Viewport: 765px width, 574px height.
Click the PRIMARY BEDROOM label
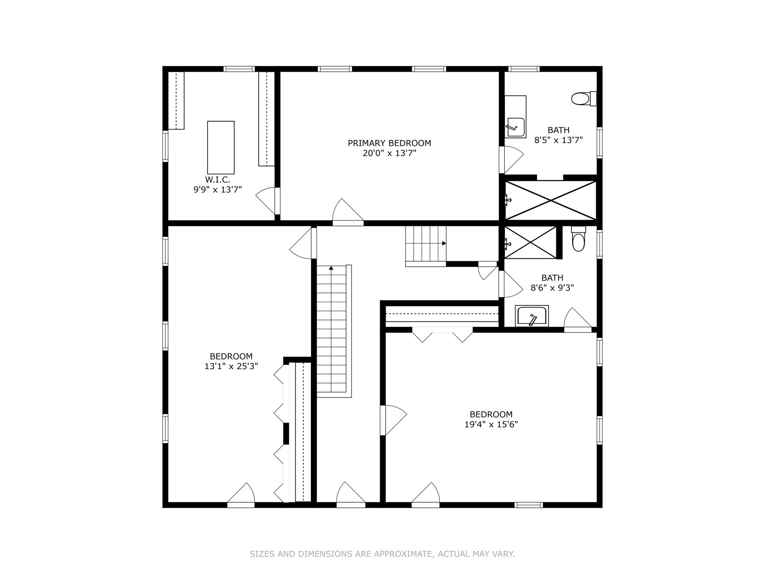(389, 143)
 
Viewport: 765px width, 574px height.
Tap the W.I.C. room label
(218, 180)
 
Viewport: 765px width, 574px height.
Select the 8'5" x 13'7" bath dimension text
(558, 140)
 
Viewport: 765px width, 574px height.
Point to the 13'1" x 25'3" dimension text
(231, 366)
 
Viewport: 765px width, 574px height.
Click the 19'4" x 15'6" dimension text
(491, 425)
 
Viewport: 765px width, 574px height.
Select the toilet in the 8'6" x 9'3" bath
(578, 239)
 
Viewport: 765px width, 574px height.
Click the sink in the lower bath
(532, 316)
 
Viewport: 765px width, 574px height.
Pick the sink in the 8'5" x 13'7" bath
(515, 117)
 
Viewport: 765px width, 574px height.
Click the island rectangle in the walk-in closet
(221, 147)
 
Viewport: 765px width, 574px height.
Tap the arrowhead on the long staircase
(331, 268)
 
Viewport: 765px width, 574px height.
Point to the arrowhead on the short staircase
(443, 243)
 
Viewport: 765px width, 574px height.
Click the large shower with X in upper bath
(551, 200)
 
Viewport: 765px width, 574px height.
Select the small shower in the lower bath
(530, 242)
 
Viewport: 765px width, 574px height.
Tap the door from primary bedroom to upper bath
(511, 160)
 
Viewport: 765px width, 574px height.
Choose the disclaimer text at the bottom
(382, 554)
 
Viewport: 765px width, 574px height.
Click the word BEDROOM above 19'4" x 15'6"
(491, 414)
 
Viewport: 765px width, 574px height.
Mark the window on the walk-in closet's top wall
(239, 69)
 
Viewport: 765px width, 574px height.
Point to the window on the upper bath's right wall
(599, 142)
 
